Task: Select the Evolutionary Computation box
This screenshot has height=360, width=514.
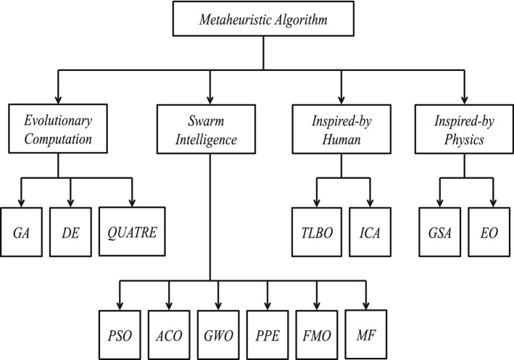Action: pos(59,129)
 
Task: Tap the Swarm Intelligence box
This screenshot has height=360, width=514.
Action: pos(210,129)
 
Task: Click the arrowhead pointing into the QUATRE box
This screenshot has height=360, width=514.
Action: pos(133,202)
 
